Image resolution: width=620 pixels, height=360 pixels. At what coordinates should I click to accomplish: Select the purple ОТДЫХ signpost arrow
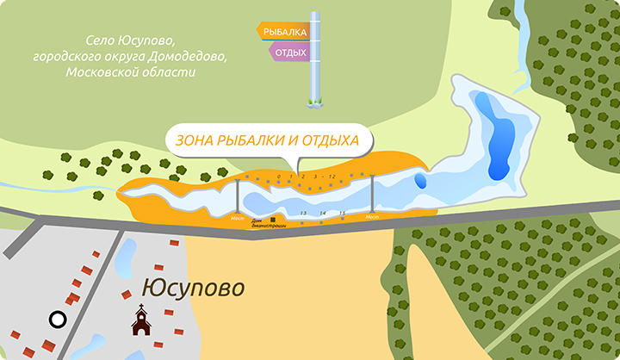click(290, 52)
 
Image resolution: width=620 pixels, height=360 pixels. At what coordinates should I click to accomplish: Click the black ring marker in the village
click(58, 320)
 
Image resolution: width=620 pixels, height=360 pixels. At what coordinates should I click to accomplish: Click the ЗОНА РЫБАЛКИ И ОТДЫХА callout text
click(268, 141)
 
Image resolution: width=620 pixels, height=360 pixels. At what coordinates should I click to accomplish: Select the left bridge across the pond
click(239, 197)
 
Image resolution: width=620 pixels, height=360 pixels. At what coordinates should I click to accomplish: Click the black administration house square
click(273, 220)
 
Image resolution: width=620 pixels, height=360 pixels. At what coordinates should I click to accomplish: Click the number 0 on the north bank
click(279, 177)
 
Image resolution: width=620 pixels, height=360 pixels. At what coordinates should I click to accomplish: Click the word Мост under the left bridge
click(239, 218)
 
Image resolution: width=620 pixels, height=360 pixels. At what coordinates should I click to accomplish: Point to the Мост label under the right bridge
click(372, 217)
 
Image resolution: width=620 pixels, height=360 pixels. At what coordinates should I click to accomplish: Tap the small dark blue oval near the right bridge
click(420, 181)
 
